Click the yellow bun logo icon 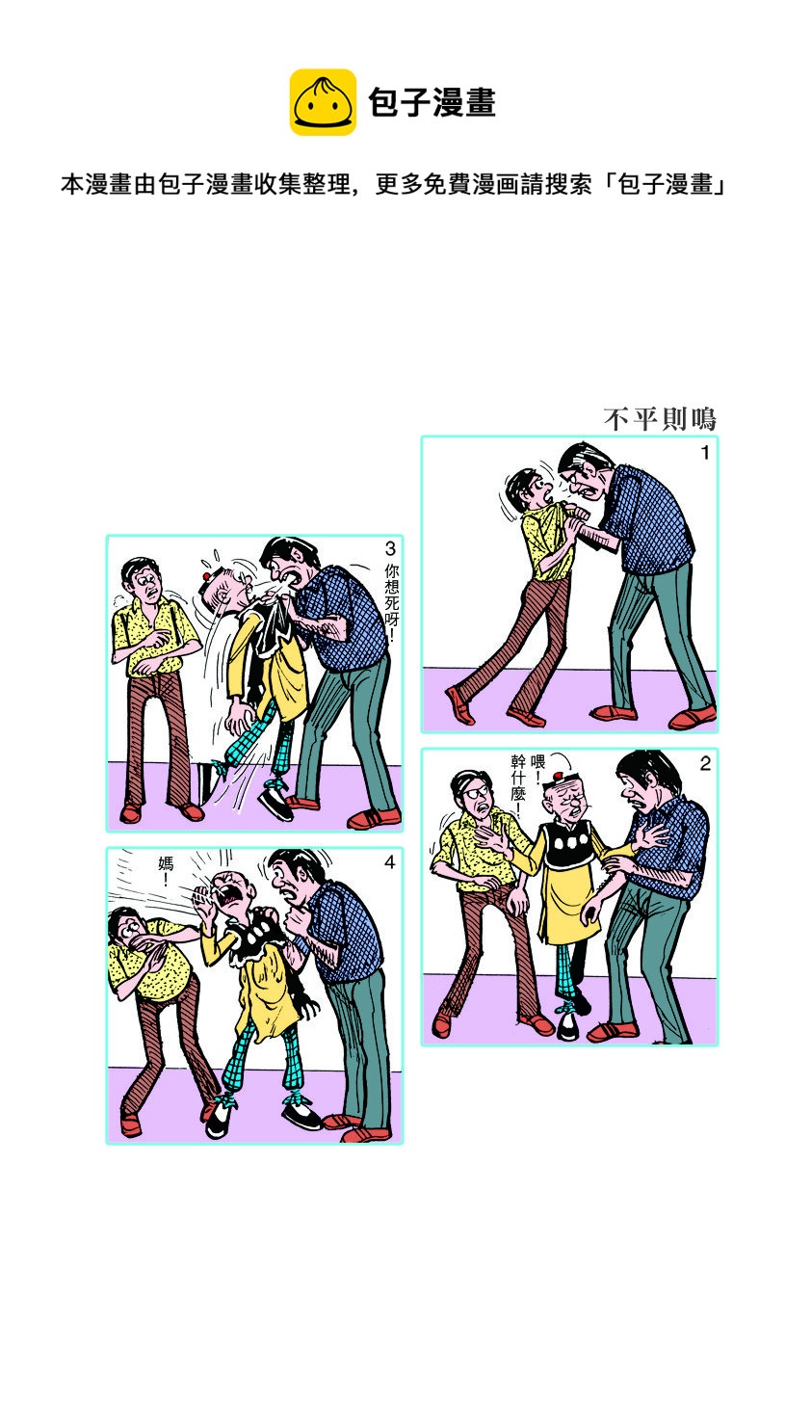click(x=323, y=102)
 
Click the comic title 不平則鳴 click(x=660, y=419)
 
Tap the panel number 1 click(x=705, y=453)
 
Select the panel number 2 click(x=705, y=764)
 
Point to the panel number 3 click(x=391, y=548)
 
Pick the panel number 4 click(x=390, y=862)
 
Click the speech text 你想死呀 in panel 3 click(x=391, y=602)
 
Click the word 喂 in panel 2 click(x=537, y=761)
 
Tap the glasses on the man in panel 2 click(x=476, y=793)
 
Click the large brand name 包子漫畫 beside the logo click(x=432, y=103)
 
